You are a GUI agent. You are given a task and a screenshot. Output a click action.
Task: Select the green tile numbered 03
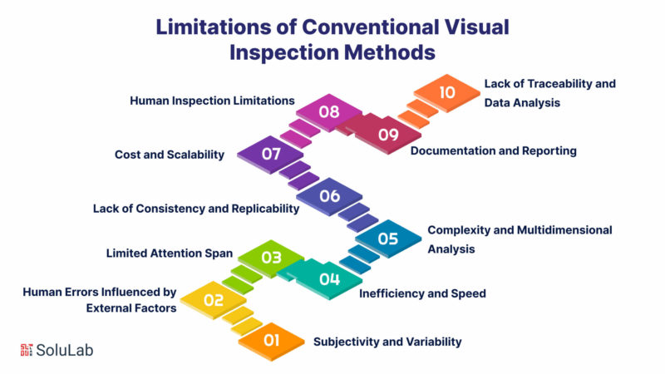(x=272, y=258)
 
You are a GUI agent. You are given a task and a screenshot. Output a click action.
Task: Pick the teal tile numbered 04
(x=329, y=279)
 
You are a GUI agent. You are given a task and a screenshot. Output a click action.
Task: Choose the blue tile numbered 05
(x=387, y=239)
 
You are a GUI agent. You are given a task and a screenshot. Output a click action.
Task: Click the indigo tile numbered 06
(x=330, y=197)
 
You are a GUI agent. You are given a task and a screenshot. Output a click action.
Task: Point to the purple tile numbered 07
(x=271, y=155)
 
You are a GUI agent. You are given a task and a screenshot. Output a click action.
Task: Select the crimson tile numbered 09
(x=387, y=134)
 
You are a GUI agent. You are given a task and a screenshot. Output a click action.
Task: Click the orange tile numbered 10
(x=446, y=92)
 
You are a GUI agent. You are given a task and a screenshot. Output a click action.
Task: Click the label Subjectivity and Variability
(x=387, y=342)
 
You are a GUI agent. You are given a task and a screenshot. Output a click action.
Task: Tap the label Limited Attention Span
(x=170, y=251)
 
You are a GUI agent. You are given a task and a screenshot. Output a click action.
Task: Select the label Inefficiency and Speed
(x=422, y=293)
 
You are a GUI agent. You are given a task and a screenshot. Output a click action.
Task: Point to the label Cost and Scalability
(x=169, y=155)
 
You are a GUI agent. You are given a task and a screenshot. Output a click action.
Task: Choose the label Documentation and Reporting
(x=494, y=151)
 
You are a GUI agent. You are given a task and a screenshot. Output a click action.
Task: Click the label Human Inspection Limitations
(x=212, y=101)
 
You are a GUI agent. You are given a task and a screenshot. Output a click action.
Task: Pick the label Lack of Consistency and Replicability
(x=195, y=209)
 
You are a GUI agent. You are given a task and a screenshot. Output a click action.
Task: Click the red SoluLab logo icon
(x=27, y=349)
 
